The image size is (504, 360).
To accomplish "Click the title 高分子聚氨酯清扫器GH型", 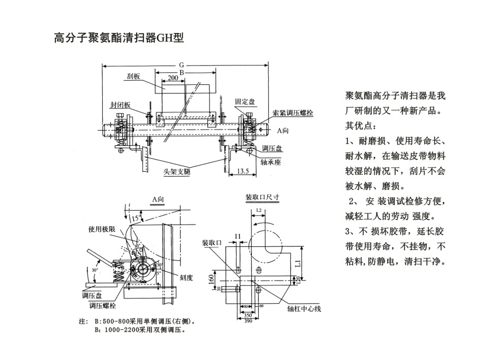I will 118,38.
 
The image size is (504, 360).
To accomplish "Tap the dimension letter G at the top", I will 181,66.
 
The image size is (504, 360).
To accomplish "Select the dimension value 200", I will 173,78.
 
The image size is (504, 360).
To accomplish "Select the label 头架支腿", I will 177,172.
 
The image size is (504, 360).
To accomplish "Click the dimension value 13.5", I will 242,172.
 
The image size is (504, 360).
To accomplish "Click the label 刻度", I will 186,277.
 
